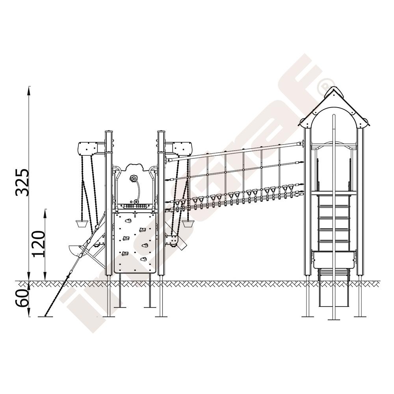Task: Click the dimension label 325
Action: pyautogui.click(x=22, y=182)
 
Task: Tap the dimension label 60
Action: pyautogui.click(x=22, y=298)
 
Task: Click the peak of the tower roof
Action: pyautogui.click(x=334, y=87)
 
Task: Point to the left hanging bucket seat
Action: pyautogui.click(x=82, y=224)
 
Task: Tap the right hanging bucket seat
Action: pyautogui.click(x=188, y=224)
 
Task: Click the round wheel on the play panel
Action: pyautogui.click(x=132, y=178)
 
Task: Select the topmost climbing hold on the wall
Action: pyautogui.click(x=128, y=221)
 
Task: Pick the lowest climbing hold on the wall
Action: pyautogui.click(x=143, y=259)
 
